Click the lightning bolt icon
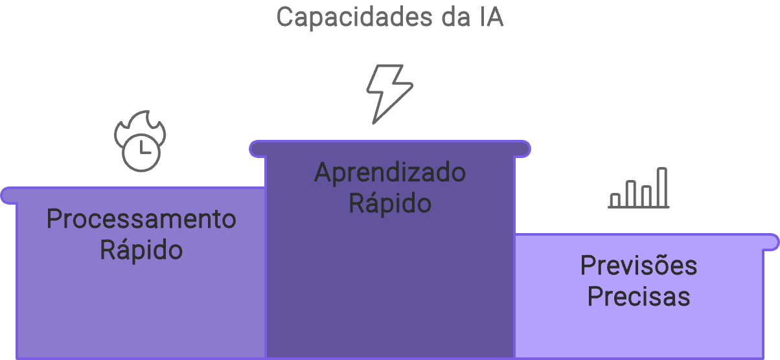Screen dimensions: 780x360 click(x=389, y=93)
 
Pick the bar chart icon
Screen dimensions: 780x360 click(x=639, y=188)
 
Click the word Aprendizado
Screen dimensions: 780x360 click(x=390, y=173)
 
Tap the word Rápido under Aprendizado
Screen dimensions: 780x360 click(x=390, y=203)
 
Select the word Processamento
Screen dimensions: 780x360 click(x=141, y=219)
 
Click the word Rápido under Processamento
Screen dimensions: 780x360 click(x=141, y=249)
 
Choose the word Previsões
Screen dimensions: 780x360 click(x=639, y=265)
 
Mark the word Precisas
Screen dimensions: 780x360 click(x=639, y=297)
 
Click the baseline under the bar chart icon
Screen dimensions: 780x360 click(x=639, y=207)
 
